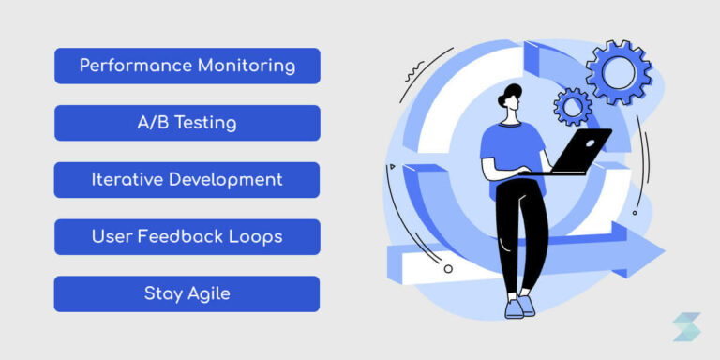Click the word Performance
click(135, 66)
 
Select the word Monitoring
click(247, 66)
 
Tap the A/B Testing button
click(187, 123)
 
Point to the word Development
click(226, 180)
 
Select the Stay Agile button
click(187, 293)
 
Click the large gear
click(619, 72)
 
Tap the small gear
click(573, 107)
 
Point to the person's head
click(510, 97)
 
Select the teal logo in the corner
click(687, 326)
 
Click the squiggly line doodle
click(413, 73)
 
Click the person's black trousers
click(522, 235)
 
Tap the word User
click(112, 237)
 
